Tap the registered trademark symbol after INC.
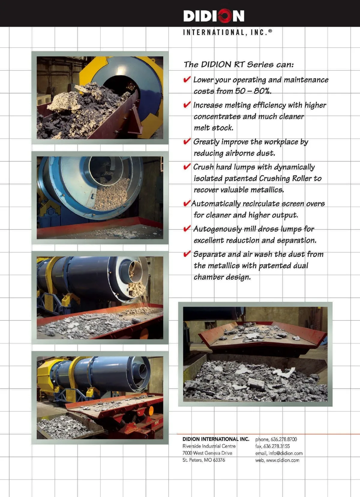[270, 31]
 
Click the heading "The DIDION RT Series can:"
[238, 64]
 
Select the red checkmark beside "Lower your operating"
[187, 79]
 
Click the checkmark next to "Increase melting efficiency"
[187, 104]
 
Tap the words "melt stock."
[214, 128]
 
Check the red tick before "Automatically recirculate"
[187, 203]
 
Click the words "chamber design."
[222, 277]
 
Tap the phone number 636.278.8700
[283, 439]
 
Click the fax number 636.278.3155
[277, 446]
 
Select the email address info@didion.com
[285, 453]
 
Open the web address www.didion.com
[283, 460]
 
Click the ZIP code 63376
[219, 460]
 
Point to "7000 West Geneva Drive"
[207, 453]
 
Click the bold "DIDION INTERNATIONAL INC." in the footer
[216, 439]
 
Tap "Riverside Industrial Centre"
[209, 446]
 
